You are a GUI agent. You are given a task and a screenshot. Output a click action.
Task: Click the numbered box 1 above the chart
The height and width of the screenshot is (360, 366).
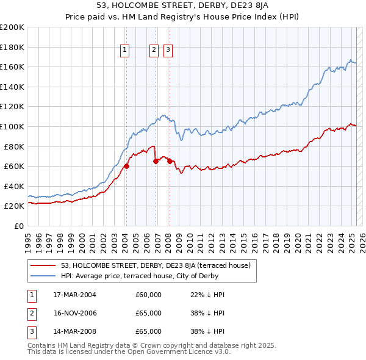click(x=124, y=51)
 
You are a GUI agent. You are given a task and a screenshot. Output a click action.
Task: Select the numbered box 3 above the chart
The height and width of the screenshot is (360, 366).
click(x=168, y=51)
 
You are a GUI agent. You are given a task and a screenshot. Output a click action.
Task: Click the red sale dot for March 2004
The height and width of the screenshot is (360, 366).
click(x=127, y=166)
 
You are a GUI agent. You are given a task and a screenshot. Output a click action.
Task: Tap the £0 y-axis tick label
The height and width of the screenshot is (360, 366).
click(x=19, y=226)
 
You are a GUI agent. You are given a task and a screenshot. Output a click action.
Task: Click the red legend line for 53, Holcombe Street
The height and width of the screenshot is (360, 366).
click(x=43, y=265)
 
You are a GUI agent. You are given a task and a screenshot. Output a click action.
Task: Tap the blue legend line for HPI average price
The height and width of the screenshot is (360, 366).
click(x=43, y=276)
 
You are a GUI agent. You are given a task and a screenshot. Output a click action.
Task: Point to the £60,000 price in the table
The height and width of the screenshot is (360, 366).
click(x=148, y=295)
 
